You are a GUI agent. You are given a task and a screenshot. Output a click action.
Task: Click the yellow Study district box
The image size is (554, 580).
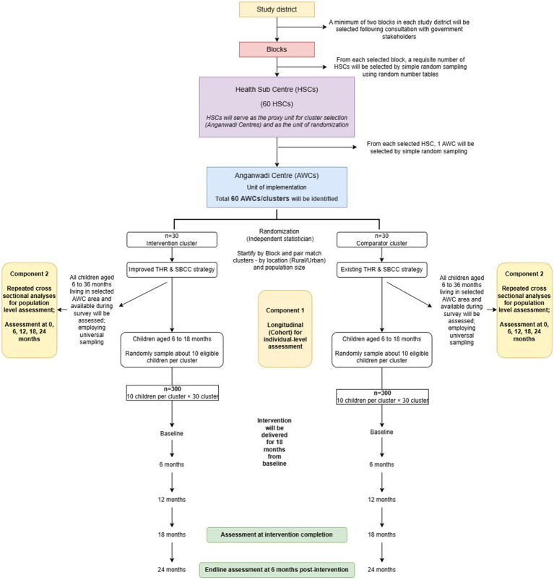[277, 9]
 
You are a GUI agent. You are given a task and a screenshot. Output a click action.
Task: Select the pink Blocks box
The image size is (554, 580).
[277, 49]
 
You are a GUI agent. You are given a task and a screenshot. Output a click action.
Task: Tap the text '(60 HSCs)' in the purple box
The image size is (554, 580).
[277, 104]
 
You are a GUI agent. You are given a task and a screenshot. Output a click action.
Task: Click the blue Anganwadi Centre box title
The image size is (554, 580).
[277, 175]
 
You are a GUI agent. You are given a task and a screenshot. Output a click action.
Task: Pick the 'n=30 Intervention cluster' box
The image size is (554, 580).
[172, 239]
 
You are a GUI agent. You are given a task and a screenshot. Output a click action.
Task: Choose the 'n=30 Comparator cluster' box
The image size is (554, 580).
[382, 239]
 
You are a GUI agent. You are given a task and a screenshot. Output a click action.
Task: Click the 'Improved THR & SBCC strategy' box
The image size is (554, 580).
[172, 269]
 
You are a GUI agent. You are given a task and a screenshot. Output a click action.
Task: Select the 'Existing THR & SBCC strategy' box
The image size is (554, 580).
[382, 269]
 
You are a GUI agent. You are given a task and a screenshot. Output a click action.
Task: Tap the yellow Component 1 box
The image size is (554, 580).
[285, 328]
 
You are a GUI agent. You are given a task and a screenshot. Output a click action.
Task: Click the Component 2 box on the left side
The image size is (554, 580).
[29, 310]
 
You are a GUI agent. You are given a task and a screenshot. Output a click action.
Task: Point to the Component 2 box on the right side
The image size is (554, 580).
[524, 310]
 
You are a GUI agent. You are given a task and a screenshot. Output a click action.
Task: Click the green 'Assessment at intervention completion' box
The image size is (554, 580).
[277, 535]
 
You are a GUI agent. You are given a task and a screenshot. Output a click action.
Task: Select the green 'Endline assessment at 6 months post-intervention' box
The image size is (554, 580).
[277, 570]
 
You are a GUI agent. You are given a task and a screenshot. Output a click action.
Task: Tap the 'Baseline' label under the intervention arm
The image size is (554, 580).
[172, 433]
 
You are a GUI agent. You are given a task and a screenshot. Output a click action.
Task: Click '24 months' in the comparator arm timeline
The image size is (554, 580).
[381, 570]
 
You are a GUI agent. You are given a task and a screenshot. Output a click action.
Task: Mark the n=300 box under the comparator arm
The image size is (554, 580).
[382, 396]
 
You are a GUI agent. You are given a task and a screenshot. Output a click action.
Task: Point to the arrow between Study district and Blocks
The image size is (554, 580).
[277, 29]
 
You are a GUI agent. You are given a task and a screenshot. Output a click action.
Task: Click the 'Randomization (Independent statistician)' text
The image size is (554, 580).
[280, 235]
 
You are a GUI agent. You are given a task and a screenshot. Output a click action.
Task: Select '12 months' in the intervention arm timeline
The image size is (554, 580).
[172, 499]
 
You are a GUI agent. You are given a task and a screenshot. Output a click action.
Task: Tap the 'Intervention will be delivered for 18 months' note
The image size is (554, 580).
[274, 442]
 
